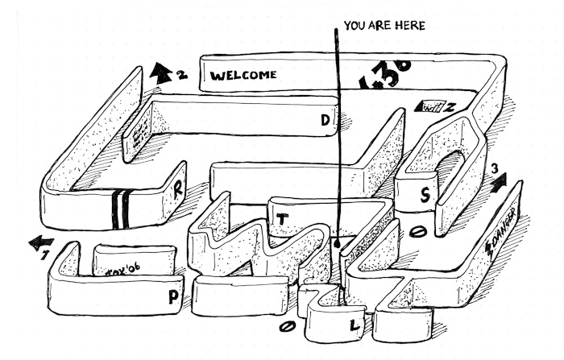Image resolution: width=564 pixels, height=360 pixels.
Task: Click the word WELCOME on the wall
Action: [243, 75]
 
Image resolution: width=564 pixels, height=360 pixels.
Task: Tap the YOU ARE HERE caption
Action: [384, 26]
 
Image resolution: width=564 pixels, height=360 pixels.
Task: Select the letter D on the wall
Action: [326, 121]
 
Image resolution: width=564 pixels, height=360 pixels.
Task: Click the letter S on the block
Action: [425, 194]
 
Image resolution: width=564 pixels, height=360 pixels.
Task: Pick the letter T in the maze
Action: [281, 217]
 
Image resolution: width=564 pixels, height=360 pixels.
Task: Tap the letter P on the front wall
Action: [173, 296]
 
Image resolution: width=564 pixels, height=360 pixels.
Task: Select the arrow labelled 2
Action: [160, 74]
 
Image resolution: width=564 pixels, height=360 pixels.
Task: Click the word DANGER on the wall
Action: [503, 227]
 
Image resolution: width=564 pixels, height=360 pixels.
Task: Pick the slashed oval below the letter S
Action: [417, 232]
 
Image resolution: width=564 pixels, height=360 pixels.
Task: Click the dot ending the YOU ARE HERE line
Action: [338, 239]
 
